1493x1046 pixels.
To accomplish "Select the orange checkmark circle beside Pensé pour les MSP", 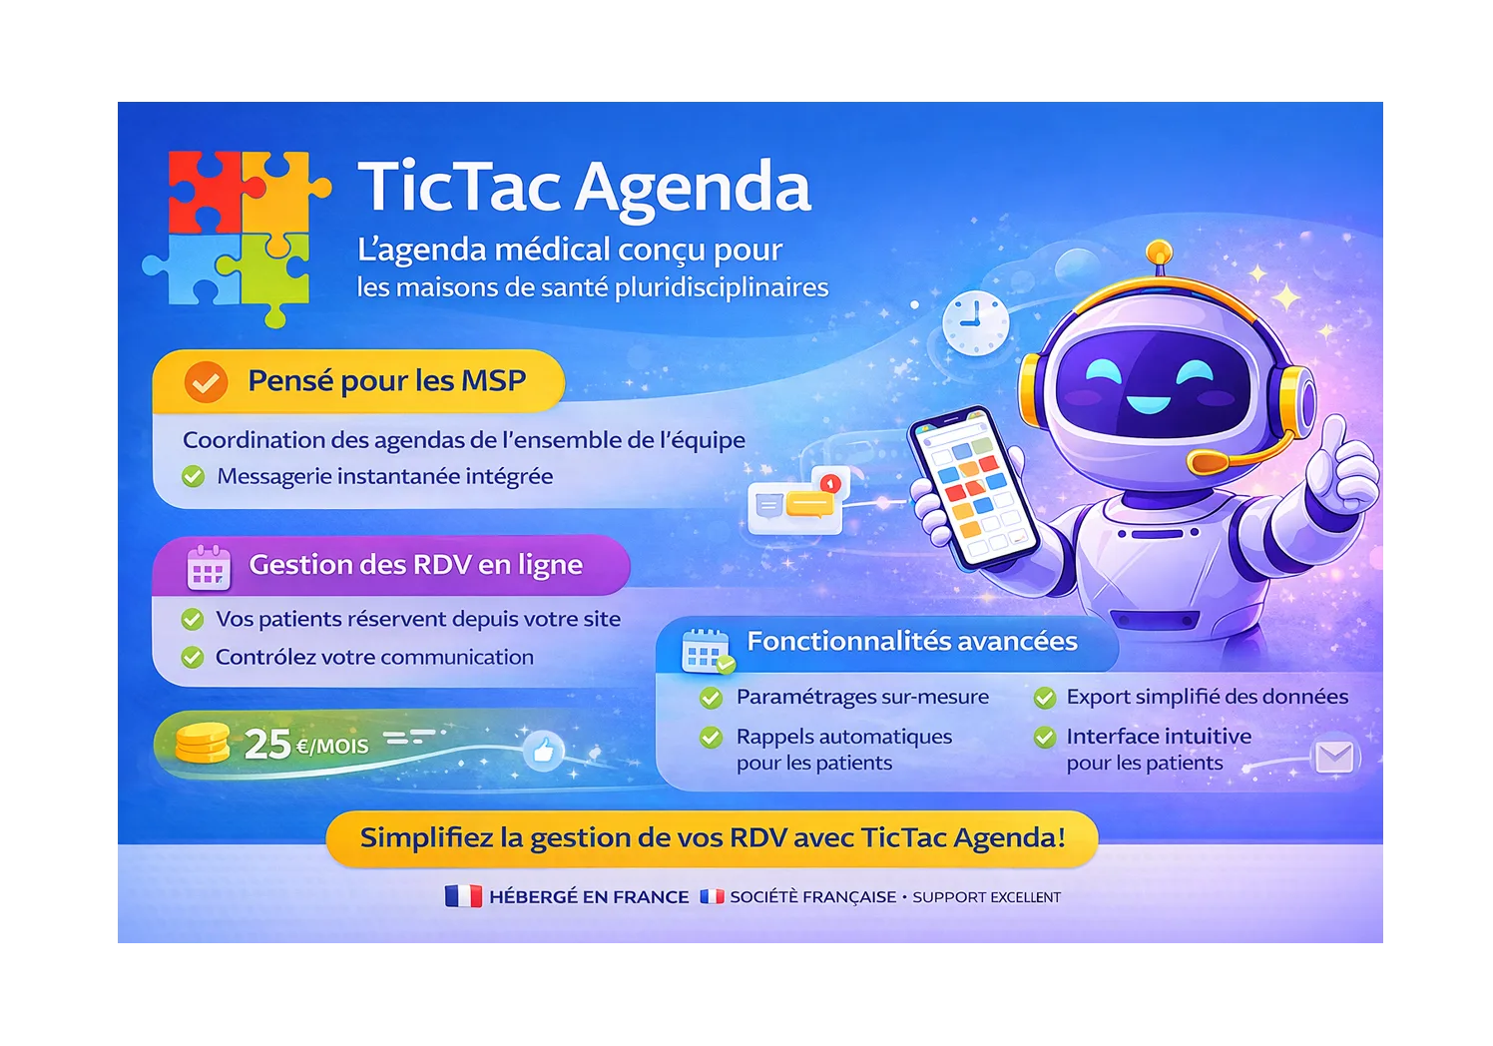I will pyautogui.click(x=206, y=381).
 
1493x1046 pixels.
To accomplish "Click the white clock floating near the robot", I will pyautogui.click(x=975, y=322).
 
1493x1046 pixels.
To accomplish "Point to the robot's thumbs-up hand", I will pyautogui.click(x=1342, y=469).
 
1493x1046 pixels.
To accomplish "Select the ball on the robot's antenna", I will pyautogui.click(x=1158, y=251).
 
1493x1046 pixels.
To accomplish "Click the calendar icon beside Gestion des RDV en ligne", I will pyautogui.click(x=209, y=568).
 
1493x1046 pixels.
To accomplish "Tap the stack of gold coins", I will pyautogui.click(x=203, y=744).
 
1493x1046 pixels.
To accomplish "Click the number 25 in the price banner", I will pyautogui.click(x=267, y=744).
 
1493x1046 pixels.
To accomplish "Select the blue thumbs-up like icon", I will pyautogui.click(x=543, y=751).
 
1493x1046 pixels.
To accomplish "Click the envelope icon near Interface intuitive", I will pyautogui.click(x=1334, y=758).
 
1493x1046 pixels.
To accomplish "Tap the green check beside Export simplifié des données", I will pyautogui.click(x=1044, y=698).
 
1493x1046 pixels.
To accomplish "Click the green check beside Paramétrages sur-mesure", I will pyautogui.click(x=711, y=698).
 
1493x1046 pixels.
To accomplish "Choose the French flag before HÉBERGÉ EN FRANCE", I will pyautogui.click(x=463, y=896).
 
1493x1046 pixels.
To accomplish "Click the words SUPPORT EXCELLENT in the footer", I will pyautogui.click(x=986, y=897).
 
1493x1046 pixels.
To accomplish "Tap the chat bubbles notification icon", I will pyautogui.click(x=798, y=502).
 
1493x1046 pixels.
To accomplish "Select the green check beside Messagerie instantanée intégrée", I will pyautogui.click(x=194, y=477).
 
